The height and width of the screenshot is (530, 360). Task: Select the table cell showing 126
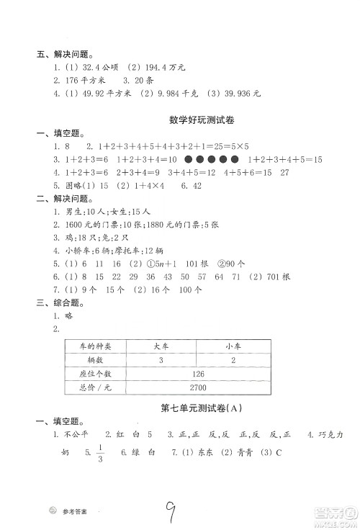point(199,374)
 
